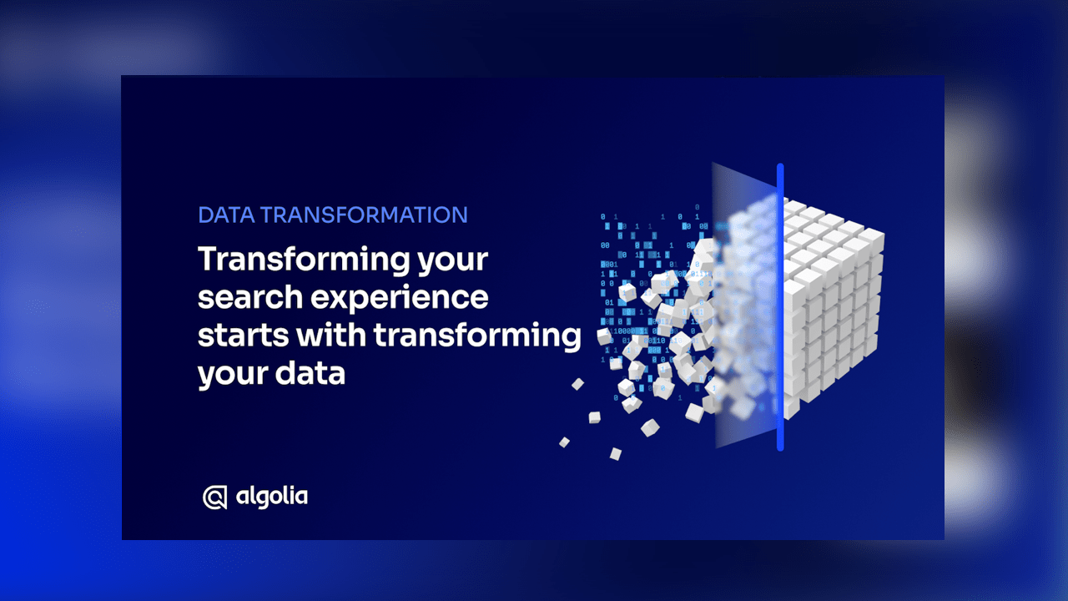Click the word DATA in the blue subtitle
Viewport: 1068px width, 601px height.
(226, 215)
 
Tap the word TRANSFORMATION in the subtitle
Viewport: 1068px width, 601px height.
(364, 215)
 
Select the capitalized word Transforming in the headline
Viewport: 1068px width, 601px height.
(303, 260)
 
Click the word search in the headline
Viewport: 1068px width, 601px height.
(250, 297)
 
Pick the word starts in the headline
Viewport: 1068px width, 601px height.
(243, 336)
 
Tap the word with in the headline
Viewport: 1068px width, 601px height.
(331, 335)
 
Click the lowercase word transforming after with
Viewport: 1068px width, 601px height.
(477, 336)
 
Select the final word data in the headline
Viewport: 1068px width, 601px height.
(310, 372)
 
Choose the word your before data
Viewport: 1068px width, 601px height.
(233, 376)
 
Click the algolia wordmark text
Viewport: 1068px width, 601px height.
(272, 497)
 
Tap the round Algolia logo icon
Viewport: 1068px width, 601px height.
(214, 497)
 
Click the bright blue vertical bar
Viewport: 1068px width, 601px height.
(780, 307)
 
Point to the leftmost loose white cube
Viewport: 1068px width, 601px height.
(564, 442)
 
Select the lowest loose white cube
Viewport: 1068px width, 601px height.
(616, 453)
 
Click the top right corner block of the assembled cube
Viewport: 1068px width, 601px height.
(872, 241)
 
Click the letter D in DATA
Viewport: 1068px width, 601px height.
(206, 215)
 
